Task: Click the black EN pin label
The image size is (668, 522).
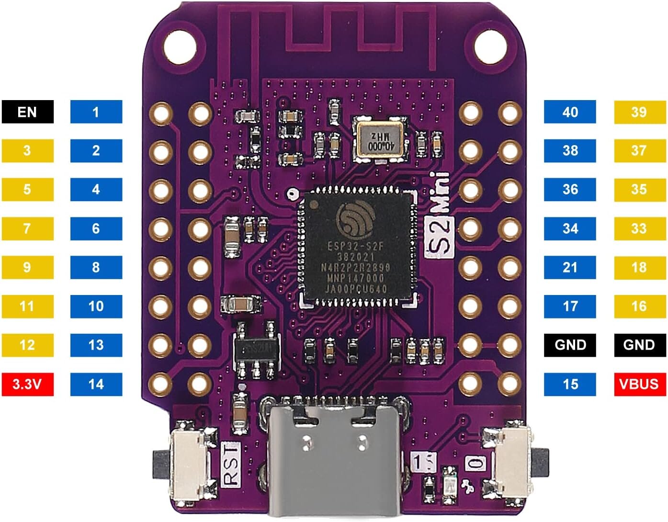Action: pos(27,112)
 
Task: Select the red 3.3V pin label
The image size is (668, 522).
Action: pos(27,384)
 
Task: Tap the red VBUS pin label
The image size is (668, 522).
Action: pos(639,384)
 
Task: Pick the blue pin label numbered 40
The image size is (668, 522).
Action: pos(570,112)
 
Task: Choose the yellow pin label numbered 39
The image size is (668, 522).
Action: pos(639,112)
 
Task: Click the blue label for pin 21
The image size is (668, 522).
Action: pos(570,267)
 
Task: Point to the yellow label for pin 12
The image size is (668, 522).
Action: pos(27,345)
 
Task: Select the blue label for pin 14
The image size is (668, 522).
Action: pos(96,384)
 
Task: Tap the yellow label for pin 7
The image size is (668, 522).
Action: pos(27,228)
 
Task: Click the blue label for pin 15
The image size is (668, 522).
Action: pos(570,384)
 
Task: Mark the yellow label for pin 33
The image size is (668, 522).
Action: pos(639,228)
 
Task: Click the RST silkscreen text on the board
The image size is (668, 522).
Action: pos(231,464)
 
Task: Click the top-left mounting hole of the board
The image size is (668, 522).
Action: pos(180,46)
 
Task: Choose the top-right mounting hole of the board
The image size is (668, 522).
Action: pos(489,46)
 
